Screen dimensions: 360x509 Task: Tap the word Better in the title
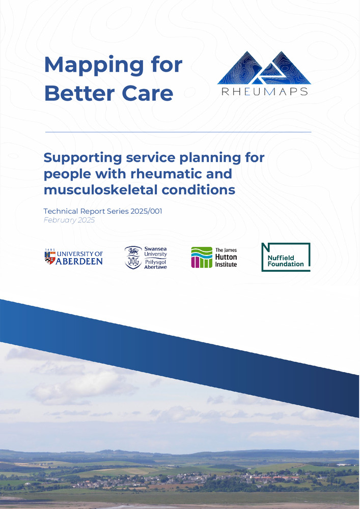[x=80, y=94]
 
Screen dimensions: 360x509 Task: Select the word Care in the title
[x=147, y=94]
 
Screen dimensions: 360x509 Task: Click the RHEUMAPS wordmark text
[x=264, y=92]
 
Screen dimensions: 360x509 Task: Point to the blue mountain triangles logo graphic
[x=264, y=68]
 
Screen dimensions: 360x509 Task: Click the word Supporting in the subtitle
[x=82, y=158]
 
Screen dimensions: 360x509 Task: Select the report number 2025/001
[x=146, y=211]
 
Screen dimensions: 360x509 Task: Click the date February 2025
[x=69, y=220]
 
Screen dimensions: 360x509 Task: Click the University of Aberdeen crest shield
[x=50, y=258]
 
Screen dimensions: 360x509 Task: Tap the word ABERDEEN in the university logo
[x=79, y=261]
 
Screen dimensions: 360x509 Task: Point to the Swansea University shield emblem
[x=133, y=258]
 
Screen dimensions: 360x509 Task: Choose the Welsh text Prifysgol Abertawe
[x=155, y=264]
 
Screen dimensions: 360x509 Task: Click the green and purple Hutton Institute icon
[x=202, y=257]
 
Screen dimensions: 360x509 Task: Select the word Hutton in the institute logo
[x=226, y=257]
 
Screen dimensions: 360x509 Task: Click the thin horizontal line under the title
[x=178, y=132]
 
